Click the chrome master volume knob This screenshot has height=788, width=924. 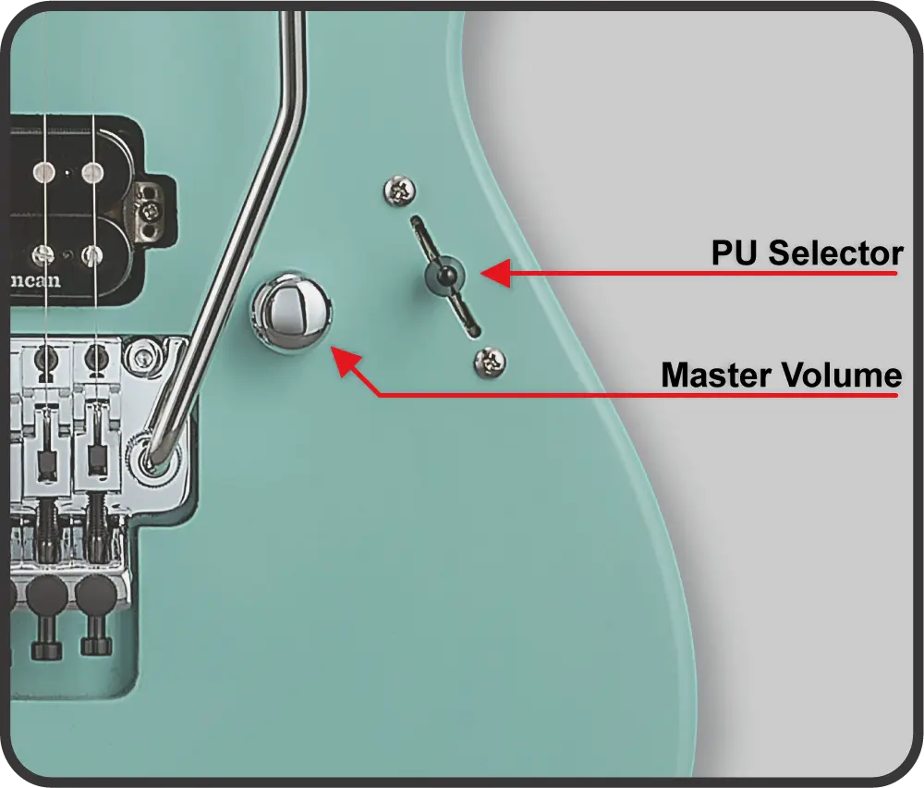click(x=291, y=312)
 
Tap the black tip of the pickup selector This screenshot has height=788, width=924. click(x=446, y=275)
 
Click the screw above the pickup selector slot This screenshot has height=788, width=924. click(x=399, y=191)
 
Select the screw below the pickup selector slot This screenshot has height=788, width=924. click(x=490, y=362)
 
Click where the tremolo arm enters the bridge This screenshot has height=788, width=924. click(x=153, y=457)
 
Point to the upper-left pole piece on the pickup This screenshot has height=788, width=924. click(x=43, y=172)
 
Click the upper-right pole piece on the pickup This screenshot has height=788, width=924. click(x=92, y=172)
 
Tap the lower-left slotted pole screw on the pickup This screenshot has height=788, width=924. click(x=43, y=255)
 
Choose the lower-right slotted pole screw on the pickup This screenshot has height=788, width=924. click(x=91, y=255)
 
